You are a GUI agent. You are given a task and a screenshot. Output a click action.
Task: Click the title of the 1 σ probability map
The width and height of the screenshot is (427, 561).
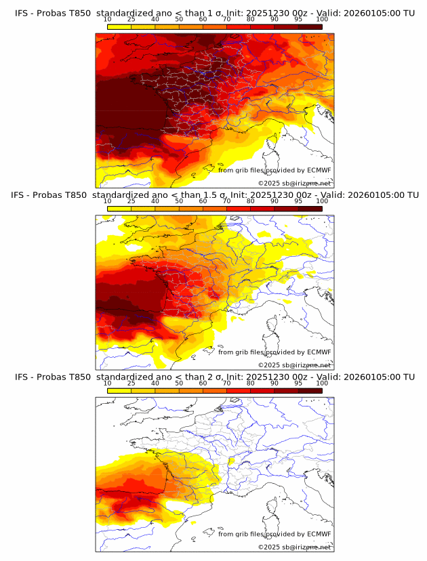(x=214, y=14)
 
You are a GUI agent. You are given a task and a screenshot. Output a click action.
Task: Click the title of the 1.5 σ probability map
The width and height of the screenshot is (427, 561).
(x=214, y=195)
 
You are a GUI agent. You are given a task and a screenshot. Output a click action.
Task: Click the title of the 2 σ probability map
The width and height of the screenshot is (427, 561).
(x=214, y=377)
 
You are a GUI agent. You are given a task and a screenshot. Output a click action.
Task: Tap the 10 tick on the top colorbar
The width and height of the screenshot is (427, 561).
(x=108, y=20)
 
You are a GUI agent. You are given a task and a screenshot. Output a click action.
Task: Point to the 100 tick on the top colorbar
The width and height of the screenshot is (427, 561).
(x=322, y=20)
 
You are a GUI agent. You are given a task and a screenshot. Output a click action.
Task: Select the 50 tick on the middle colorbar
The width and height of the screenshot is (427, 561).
(x=179, y=201)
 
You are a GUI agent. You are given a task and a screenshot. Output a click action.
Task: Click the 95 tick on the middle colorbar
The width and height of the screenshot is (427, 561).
(x=298, y=201)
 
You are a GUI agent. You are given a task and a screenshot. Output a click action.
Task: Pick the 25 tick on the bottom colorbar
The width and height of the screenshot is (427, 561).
(x=131, y=383)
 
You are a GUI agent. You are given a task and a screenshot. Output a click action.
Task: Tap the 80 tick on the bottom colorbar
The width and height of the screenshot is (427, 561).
(x=251, y=383)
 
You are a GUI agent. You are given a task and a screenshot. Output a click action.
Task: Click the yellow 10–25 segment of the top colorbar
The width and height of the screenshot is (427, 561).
(x=119, y=27)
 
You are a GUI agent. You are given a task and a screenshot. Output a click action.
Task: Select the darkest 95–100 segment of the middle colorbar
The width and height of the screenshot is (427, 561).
(x=310, y=209)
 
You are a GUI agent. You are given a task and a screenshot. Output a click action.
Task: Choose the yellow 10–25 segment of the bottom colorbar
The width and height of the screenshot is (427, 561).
(x=119, y=390)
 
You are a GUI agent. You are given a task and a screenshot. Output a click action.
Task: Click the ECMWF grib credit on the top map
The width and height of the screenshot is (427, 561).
(x=274, y=170)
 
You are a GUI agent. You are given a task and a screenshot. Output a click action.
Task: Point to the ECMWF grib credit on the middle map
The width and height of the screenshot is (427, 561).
(x=274, y=352)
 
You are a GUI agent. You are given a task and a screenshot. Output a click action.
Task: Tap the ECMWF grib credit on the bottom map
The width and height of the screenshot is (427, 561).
(x=274, y=534)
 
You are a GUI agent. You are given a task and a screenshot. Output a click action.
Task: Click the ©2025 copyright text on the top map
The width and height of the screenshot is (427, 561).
(x=294, y=183)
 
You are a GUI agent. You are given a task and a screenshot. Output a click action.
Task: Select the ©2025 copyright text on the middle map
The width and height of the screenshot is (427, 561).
(x=294, y=365)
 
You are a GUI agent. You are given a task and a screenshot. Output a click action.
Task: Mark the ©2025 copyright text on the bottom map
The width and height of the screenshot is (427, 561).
(x=294, y=547)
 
